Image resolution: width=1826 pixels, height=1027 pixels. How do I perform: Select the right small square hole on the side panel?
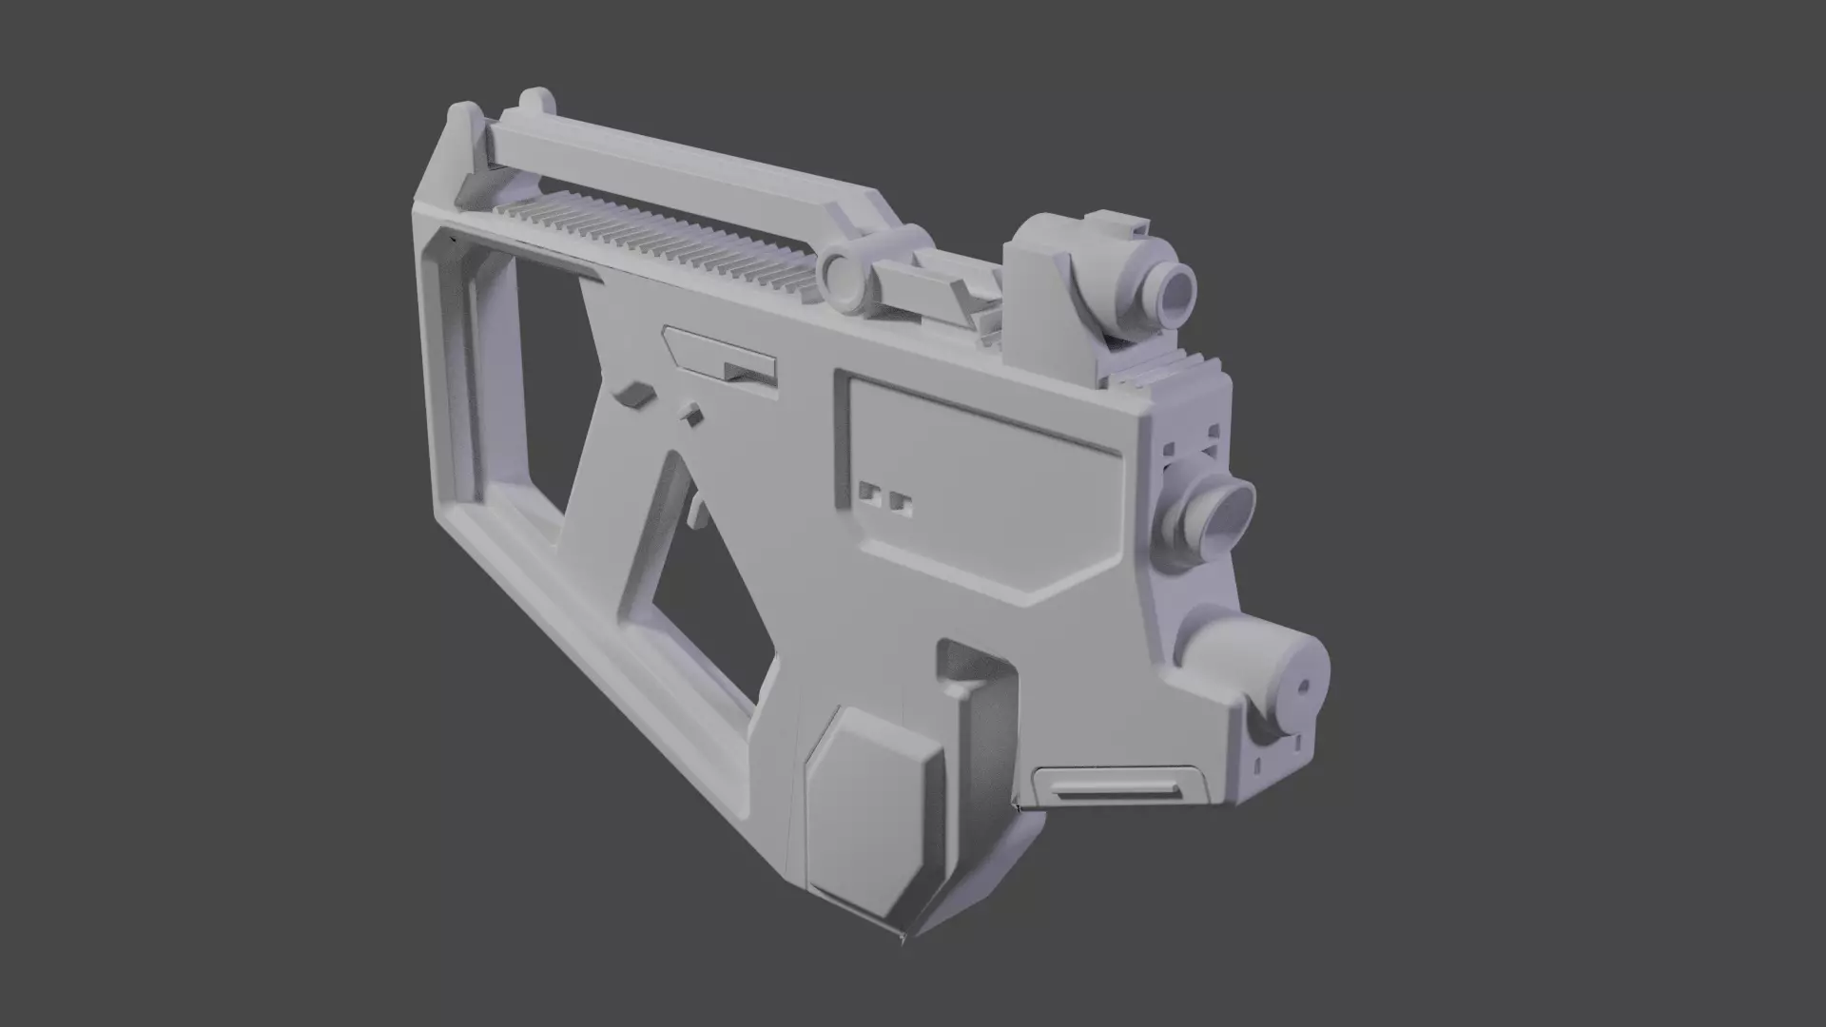click(901, 505)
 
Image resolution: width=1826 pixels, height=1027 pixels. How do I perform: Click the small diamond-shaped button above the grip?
click(691, 414)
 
